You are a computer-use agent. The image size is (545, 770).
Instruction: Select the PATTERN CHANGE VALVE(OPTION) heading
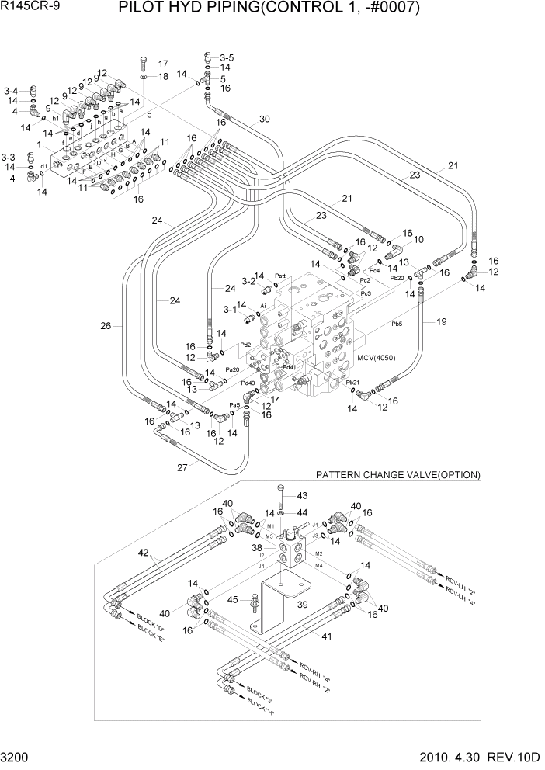click(x=397, y=474)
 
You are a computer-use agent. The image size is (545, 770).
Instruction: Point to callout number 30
click(x=264, y=120)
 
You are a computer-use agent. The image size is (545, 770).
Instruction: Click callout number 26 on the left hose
click(x=106, y=326)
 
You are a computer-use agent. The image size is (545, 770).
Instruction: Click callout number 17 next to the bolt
click(x=163, y=64)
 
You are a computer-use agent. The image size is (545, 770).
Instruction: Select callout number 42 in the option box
click(x=142, y=553)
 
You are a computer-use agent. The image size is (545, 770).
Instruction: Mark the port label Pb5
click(x=396, y=325)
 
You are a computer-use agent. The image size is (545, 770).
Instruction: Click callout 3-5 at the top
click(x=226, y=57)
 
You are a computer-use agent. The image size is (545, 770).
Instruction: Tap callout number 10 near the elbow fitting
click(x=418, y=239)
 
